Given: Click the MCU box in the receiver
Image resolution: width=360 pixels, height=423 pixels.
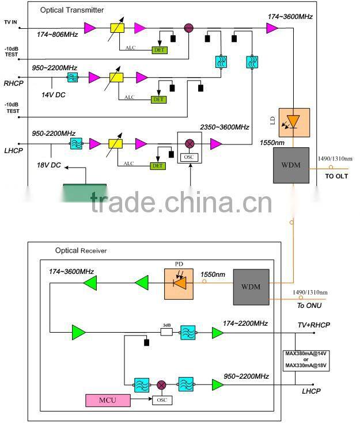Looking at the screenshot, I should [108, 399].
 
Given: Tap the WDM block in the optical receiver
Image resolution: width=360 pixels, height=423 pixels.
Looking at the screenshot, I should [251, 287].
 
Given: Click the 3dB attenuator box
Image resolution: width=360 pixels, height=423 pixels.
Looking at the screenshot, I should [166, 331].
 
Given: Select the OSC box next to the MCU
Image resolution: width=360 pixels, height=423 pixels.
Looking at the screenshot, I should [162, 399].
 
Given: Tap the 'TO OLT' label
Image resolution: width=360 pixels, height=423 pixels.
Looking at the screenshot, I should [338, 176].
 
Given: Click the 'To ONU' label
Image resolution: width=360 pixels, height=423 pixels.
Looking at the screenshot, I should [310, 306].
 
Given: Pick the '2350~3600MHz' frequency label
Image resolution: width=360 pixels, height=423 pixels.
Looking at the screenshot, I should [224, 127].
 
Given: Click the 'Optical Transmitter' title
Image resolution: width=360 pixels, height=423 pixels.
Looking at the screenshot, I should [72, 10].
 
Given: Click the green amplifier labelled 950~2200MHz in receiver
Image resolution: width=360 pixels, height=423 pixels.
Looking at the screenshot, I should [218, 384].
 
